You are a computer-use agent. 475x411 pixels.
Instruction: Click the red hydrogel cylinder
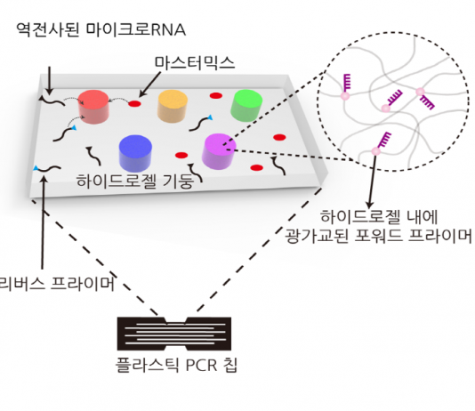pos(93,107)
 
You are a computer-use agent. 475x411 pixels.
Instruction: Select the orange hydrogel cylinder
pos(173,106)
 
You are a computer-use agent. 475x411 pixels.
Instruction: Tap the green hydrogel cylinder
pos(246,105)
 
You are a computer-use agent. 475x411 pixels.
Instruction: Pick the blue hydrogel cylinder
pos(135,153)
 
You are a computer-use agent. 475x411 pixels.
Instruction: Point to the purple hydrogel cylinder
pos(219,151)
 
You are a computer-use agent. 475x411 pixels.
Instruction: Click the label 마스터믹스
pos(195,63)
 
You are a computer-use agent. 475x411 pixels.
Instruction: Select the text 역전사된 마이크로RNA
pos(101,29)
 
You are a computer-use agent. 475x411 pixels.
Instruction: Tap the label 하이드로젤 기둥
pos(135,181)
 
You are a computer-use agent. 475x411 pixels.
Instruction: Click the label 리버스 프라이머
pos(57,284)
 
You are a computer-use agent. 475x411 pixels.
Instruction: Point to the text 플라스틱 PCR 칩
pos(176,365)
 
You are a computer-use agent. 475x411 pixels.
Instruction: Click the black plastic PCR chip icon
pos(174,334)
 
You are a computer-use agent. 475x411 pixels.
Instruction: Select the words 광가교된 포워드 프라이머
pos(378,236)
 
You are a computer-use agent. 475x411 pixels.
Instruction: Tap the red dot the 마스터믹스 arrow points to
pos(135,104)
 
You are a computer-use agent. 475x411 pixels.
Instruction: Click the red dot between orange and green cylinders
pos(216,96)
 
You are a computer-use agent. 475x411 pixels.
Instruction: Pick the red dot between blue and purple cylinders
pos(181,156)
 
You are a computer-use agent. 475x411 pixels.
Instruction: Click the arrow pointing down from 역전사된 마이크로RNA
pos(49,80)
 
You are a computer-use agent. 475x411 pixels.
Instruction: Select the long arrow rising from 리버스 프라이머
pos(43,222)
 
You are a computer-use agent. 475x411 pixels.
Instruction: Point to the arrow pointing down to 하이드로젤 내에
pos(373,182)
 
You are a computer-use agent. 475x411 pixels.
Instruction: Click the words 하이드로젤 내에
pos(379,217)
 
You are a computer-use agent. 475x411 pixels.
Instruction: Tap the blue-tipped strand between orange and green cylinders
pos(200,123)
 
